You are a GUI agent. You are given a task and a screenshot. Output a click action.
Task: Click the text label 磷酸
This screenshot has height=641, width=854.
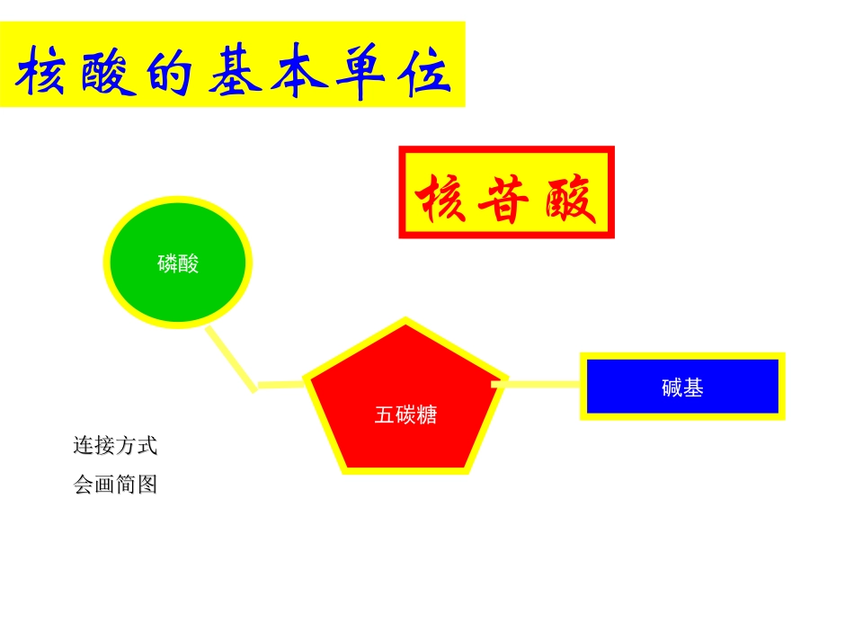pos(178,263)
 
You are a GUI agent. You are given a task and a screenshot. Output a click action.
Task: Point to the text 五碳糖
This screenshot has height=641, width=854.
pos(405,415)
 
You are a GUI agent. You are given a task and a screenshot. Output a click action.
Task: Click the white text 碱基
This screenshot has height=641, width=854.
pos(682,387)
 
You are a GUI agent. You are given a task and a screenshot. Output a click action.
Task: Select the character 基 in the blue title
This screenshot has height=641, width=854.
pos(236,73)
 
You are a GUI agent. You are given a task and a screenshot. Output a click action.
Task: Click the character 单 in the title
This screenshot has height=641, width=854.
pos(360,73)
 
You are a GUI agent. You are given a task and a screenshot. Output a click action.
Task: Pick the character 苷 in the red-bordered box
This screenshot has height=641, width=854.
pos(505,198)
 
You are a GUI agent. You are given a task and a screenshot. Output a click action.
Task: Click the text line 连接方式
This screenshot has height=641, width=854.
pos(115,445)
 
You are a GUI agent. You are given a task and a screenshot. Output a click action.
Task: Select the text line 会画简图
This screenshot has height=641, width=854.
pos(115,485)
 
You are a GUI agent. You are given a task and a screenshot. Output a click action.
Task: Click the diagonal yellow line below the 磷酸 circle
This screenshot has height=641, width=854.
pos(231,358)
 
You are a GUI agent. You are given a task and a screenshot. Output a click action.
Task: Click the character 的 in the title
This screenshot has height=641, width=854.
pos(170,73)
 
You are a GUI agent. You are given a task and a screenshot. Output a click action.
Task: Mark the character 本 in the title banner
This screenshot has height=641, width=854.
pos(297,73)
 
